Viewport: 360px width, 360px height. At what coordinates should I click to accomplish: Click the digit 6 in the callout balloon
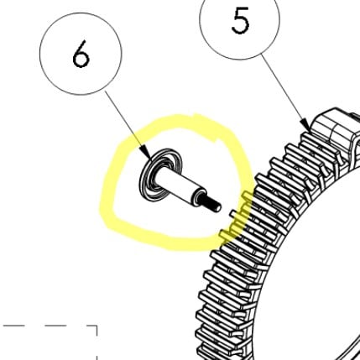click(81, 54)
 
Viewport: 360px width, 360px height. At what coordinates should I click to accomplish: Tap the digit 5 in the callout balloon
click(240, 21)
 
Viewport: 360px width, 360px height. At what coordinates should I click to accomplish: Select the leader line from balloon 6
click(128, 125)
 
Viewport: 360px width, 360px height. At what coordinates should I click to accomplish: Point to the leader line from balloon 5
click(285, 93)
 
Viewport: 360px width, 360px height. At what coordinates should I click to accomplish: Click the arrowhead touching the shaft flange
click(147, 153)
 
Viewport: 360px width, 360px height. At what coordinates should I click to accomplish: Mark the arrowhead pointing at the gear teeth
click(305, 125)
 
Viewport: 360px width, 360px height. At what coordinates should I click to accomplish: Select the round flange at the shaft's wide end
click(160, 175)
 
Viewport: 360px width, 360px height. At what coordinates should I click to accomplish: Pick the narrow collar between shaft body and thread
click(199, 196)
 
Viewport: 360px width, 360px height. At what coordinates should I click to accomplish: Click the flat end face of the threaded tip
click(218, 208)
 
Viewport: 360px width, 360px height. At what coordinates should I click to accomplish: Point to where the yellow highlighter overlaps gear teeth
click(237, 218)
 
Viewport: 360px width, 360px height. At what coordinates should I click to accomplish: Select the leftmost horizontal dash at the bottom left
click(13, 326)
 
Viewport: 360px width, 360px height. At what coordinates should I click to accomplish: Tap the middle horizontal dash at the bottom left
click(55, 326)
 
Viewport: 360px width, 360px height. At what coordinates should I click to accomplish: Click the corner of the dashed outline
click(97, 326)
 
